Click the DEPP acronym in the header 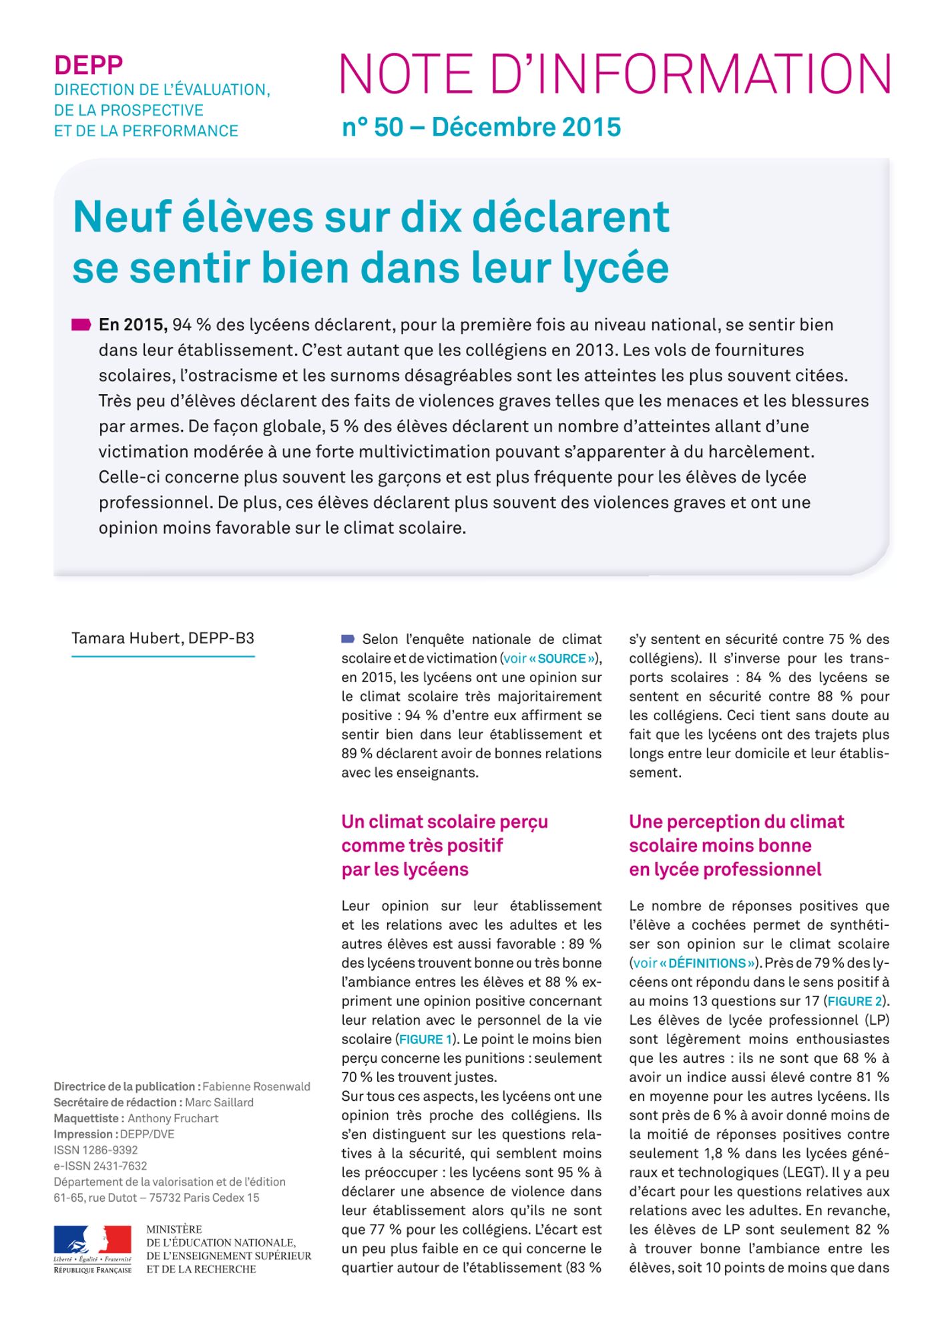pyautogui.click(x=88, y=65)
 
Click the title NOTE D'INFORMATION pyautogui.click(x=615, y=74)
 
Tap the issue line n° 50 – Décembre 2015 pyautogui.click(x=481, y=127)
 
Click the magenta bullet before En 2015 pyautogui.click(x=81, y=325)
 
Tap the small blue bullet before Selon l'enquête pyautogui.click(x=347, y=639)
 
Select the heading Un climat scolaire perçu pyautogui.click(x=444, y=822)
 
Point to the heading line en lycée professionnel pyautogui.click(x=724, y=869)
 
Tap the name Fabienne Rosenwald pyautogui.click(x=256, y=1087)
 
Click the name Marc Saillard pyautogui.click(x=219, y=1102)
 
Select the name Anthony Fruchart pyautogui.click(x=173, y=1118)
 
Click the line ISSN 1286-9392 pyautogui.click(x=95, y=1150)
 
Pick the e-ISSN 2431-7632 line pyautogui.click(x=100, y=1166)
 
